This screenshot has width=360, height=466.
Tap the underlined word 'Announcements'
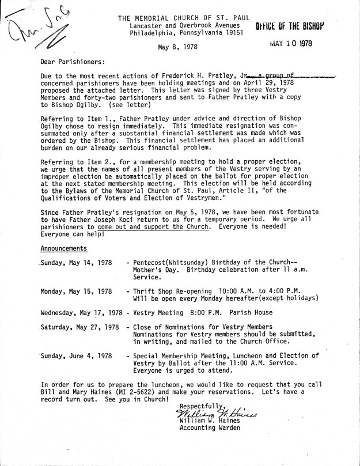(x=64, y=249)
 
